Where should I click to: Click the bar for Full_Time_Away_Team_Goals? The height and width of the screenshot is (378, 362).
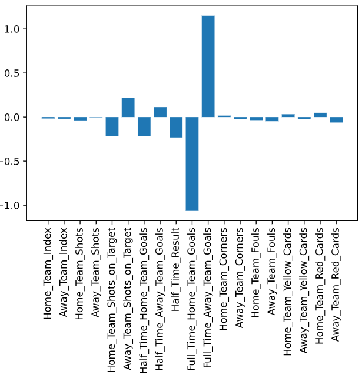pos(208,66)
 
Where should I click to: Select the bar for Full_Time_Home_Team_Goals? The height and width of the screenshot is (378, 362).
pos(192,163)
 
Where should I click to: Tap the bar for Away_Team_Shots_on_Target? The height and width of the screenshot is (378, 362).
pos(128,108)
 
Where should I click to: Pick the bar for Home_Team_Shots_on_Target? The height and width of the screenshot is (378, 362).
pos(112,126)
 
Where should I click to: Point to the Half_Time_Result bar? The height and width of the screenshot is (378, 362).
pos(176,127)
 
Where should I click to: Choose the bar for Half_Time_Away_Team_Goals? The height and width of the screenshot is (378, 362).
pos(160,112)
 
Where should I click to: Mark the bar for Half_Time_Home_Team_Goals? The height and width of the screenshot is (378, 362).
pos(144,126)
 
